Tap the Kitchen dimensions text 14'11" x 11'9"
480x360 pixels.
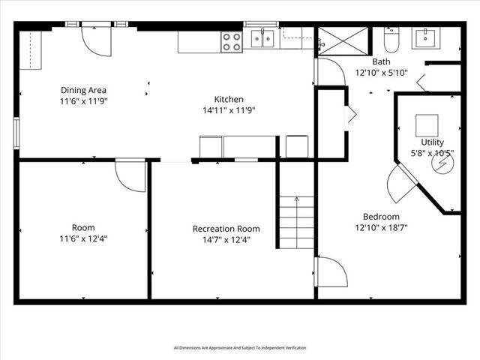tap(229, 110)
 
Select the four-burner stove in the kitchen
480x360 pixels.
tap(231, 41)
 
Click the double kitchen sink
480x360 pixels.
tap(262, 38)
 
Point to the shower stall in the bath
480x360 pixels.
tap(342, 41)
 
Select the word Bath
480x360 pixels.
tap(380, 63)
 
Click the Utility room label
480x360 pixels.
tap(432, 142)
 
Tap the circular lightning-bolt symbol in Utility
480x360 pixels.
tap(443, 163)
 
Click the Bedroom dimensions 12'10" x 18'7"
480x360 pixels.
tap(380, 227)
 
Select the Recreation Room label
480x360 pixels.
tap(226, 229)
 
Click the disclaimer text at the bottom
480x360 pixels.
tap(239, 347)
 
